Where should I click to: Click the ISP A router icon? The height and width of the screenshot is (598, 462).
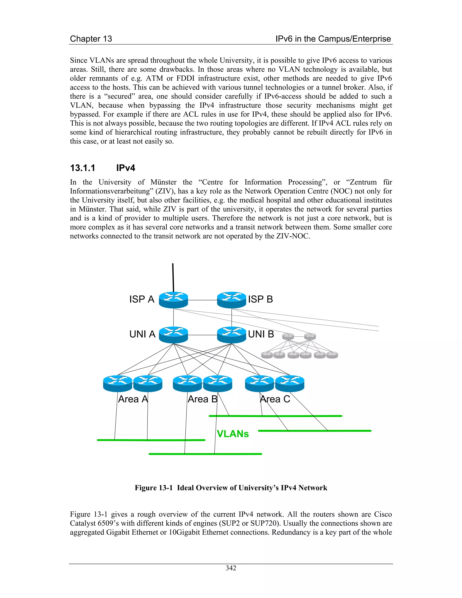[173, 300]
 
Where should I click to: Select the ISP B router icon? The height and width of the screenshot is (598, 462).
[231, 300]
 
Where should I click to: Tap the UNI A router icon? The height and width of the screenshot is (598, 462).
[173, 335]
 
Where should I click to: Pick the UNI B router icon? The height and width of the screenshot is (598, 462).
[231, 335]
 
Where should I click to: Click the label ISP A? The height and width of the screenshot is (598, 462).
[142, 299]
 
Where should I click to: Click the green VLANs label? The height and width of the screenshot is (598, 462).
[233, 434]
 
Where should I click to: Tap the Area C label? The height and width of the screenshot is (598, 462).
[275, 399]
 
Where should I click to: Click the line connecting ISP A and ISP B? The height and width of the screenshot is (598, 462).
[203, 300]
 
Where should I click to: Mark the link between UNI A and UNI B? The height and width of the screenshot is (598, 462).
[203, 335]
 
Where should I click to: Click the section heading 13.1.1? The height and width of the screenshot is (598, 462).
[83, 168]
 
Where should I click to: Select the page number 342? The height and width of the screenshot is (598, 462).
[231, 568]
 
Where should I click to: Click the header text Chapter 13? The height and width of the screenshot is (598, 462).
[91, 39]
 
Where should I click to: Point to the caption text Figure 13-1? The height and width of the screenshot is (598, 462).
[154, 488]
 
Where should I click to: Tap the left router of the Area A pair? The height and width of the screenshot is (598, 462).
[118, 383]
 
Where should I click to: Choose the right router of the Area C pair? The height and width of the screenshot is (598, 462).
[290, 383]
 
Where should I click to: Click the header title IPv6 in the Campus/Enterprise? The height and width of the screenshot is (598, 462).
[333, 39]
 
